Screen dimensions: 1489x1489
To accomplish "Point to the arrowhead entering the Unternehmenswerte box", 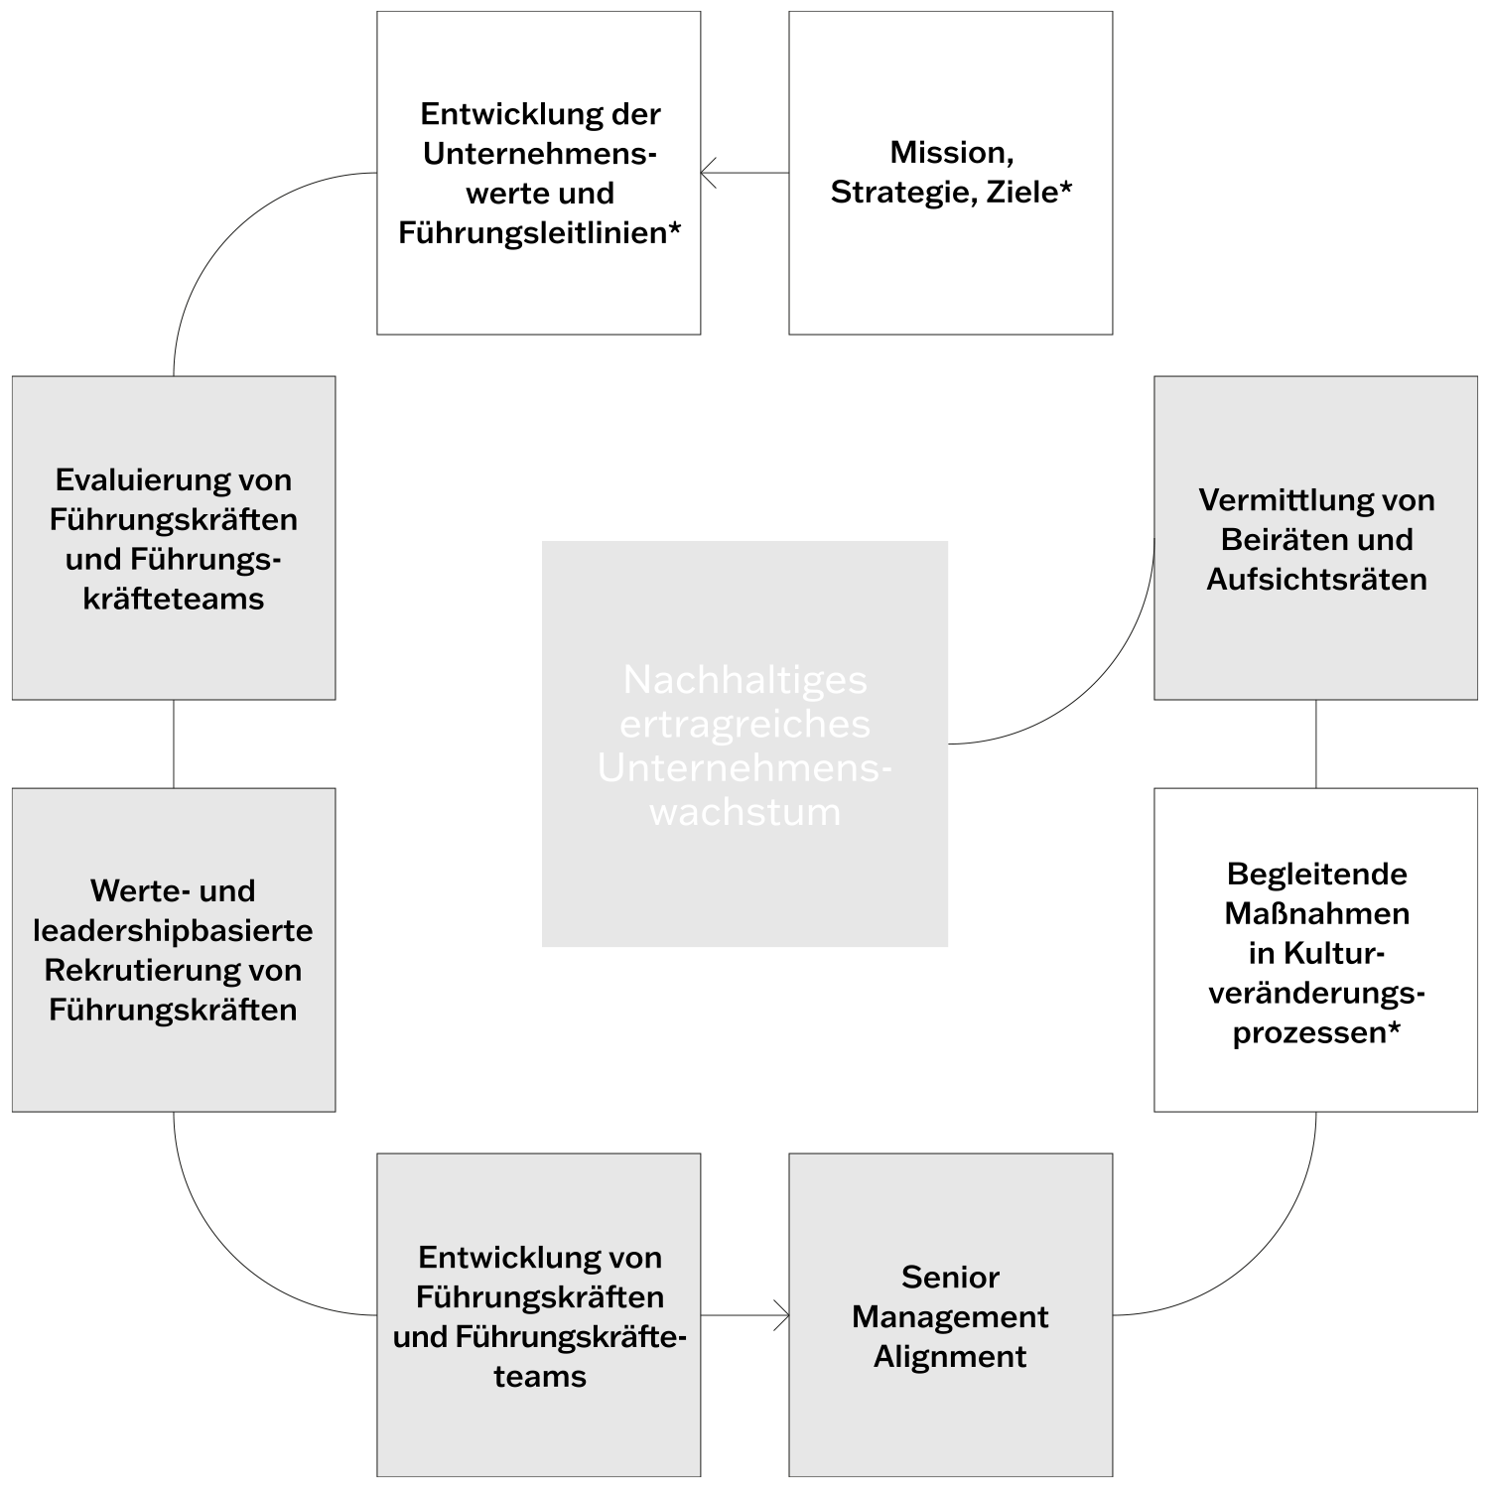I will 707,174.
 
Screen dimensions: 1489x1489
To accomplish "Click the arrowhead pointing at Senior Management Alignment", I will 783,1316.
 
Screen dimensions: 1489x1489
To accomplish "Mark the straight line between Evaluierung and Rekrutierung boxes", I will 174,744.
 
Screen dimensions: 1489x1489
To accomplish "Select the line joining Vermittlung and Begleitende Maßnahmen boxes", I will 1316,744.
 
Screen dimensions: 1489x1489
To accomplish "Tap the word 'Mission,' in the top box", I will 951,152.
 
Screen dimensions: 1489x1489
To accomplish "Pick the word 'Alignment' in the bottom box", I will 950,1356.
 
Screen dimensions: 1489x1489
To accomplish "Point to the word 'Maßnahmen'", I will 1316,913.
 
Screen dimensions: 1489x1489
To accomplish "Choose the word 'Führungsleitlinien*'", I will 539,232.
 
